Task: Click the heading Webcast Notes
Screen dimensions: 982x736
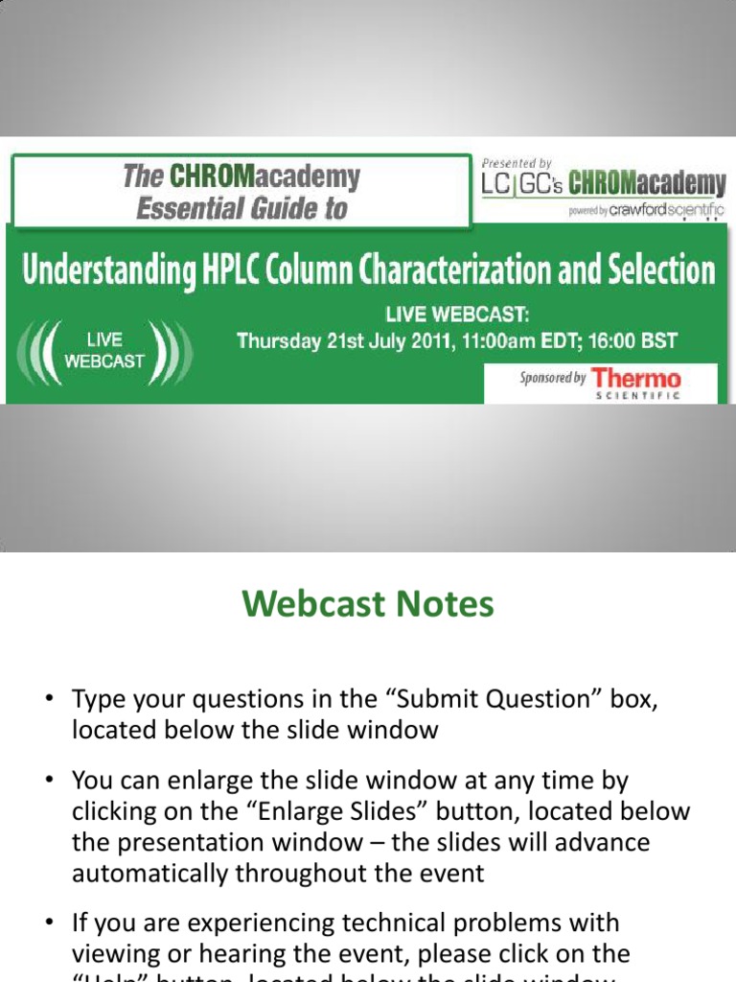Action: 368,604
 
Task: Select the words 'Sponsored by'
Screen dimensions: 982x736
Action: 552,378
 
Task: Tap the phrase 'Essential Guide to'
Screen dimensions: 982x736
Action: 241,208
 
